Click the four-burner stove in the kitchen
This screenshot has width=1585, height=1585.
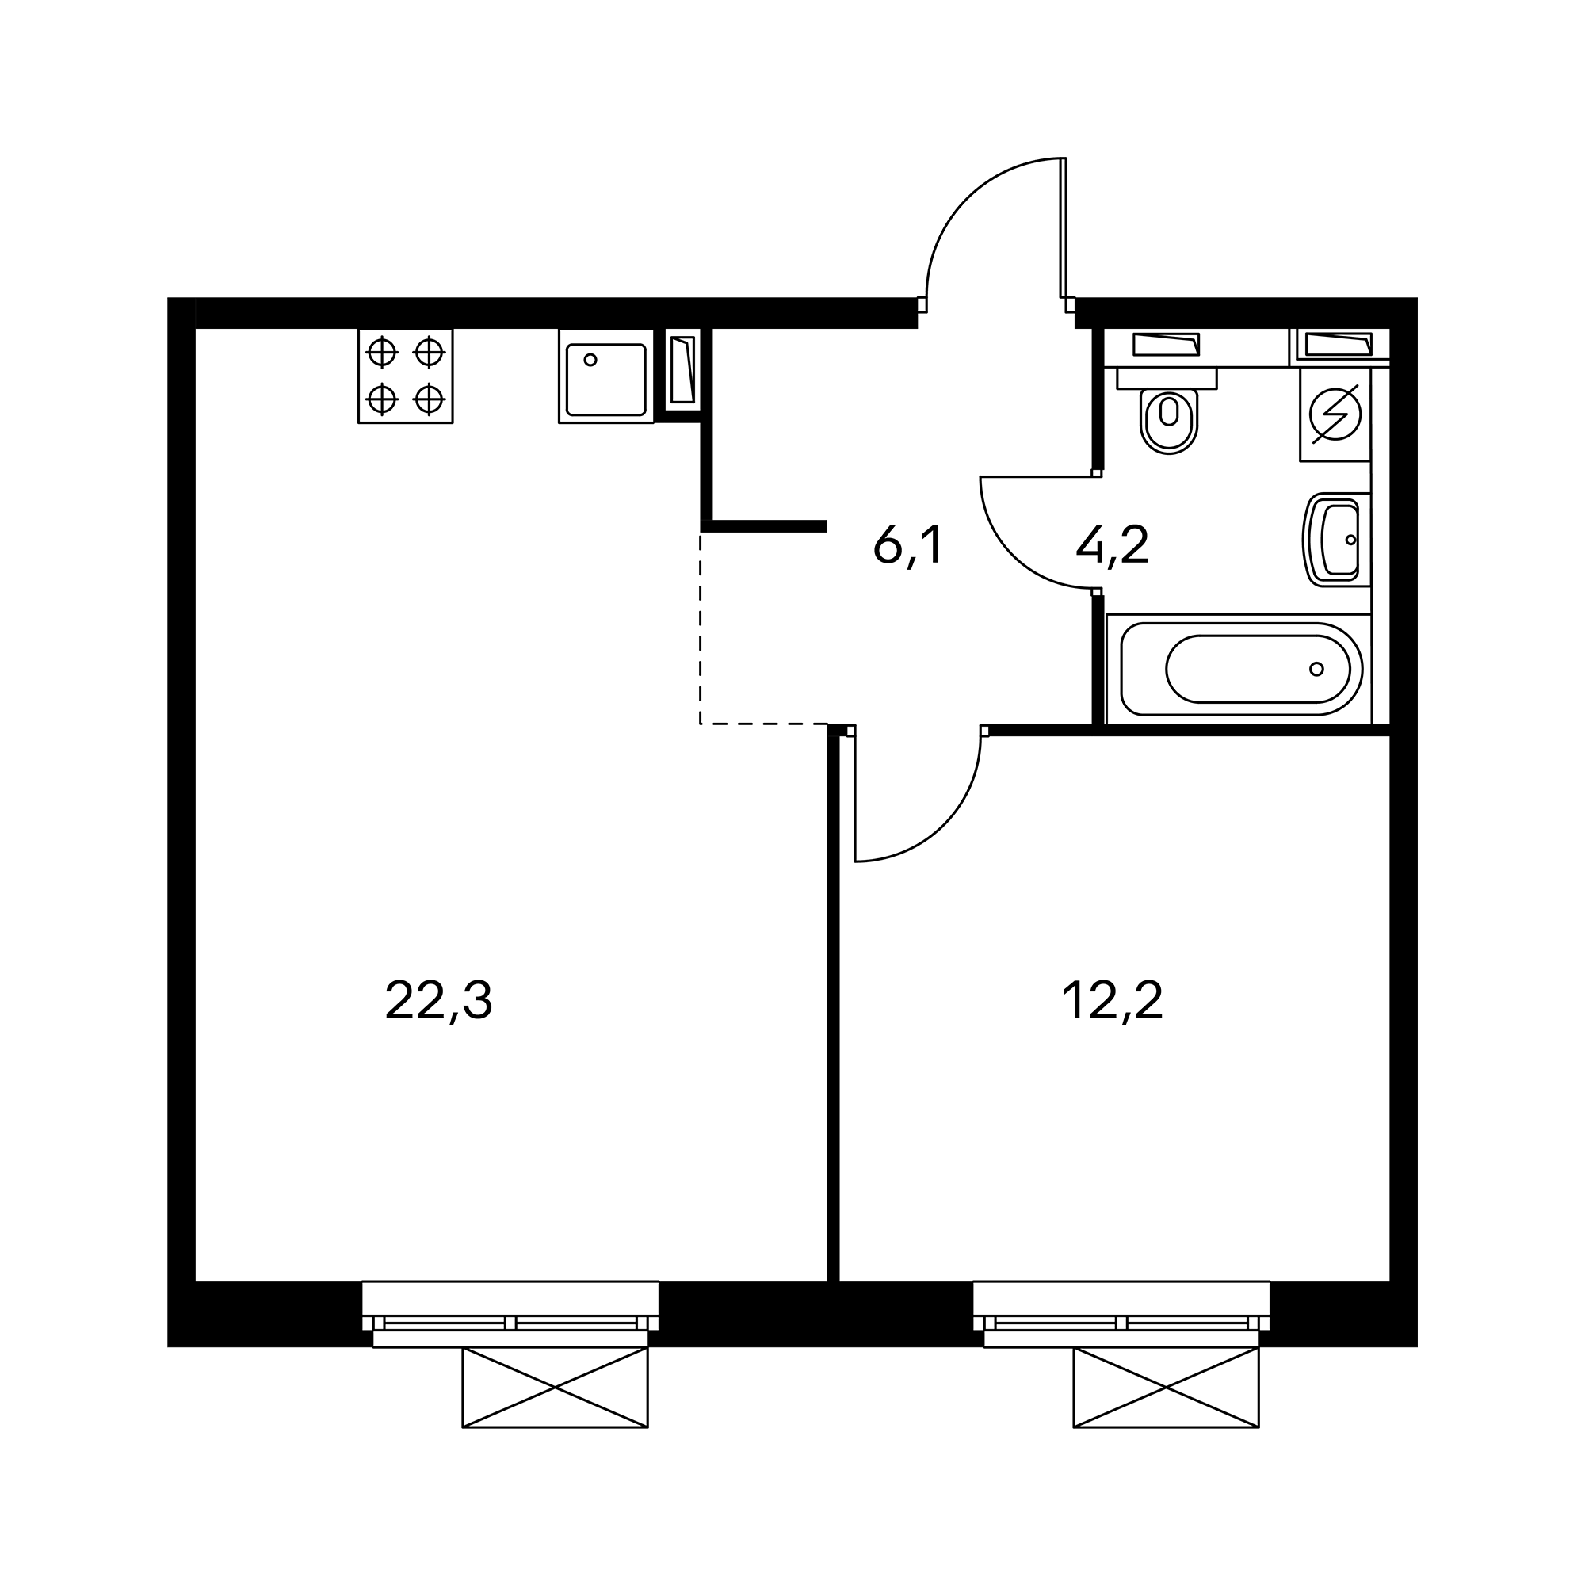[x=405, y=376]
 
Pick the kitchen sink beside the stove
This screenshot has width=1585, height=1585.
[x=606, y=376]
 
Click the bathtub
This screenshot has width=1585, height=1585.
[x=1239, y=669]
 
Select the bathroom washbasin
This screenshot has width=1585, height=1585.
[x=1336, y=540]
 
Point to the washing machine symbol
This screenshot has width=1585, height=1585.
[x=1335, y=414]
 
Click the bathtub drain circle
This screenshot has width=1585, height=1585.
[x=1316, y=669]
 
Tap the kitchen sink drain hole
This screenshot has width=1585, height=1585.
[x=590, y=360]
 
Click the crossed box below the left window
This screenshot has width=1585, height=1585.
[x=555, y=1388]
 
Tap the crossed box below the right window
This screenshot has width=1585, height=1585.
[x=1166, y=1388]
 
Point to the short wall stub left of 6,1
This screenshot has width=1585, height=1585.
[x=764, y=526]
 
